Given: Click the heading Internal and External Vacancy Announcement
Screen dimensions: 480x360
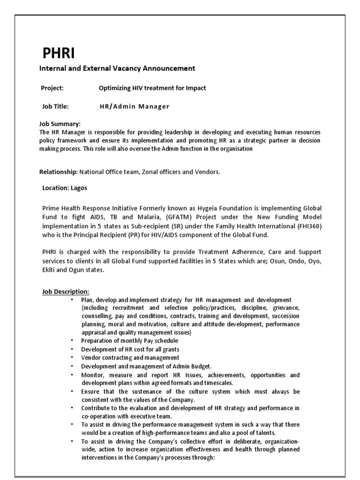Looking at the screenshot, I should click(117, 68).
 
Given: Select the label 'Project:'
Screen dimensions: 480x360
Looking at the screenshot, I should click(52, 88).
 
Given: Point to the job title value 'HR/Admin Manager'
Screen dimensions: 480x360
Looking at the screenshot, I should click(135, 106).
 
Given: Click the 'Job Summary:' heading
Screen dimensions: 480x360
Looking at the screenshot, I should click(60, 124).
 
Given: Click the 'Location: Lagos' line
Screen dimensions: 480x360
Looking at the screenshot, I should click(65, 188).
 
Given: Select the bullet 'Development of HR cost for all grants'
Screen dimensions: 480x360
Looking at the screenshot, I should click(130, 349).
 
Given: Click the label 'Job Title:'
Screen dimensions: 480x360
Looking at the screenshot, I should click(55, 106).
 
